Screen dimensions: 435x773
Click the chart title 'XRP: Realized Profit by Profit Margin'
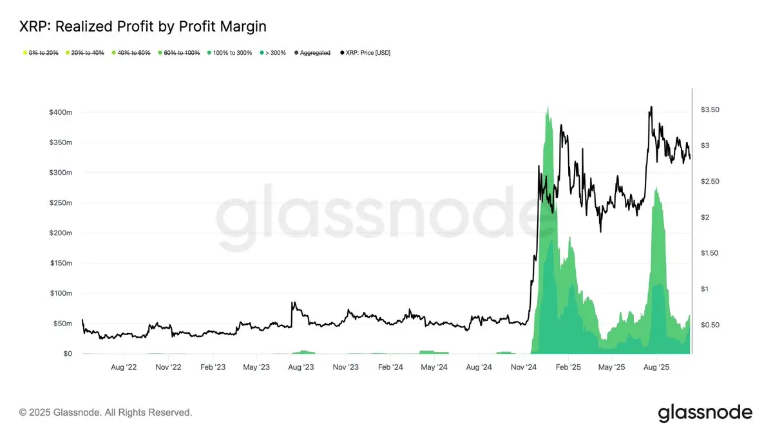[143, 26]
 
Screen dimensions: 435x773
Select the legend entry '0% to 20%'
[43, 52]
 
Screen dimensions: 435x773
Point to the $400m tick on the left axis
[61, 113]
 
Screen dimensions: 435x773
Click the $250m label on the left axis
[61, 203]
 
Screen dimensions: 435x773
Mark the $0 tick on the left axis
[68, 354]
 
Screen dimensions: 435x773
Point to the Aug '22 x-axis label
[124, 367]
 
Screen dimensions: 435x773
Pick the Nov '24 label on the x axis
[524, 367]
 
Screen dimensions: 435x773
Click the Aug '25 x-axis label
[656, 367]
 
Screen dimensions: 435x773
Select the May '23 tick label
[256, 367]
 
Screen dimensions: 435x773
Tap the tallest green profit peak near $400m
[548, 108]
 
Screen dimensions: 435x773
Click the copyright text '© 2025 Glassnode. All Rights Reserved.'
[106, 412]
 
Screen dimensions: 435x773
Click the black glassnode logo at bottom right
[705, 412]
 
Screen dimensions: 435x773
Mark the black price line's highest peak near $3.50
[651, 107]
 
